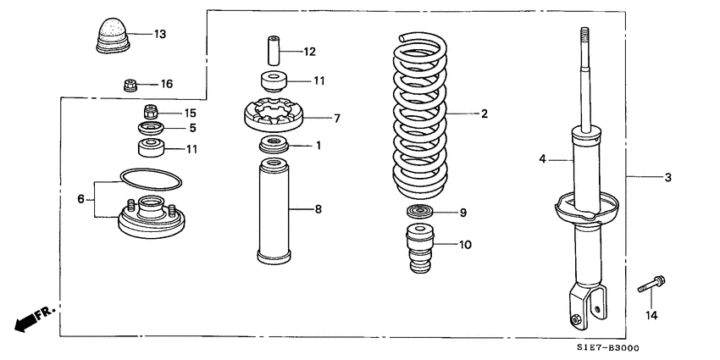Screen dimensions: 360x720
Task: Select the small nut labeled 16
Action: pyautogui.click(x=129, y=84)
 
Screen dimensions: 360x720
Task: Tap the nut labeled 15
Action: pyautogui.click(x=151, y=112)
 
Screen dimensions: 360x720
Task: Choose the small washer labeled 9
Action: pyautogui.click(x=420, y=212)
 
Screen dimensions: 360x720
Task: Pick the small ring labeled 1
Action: pyautogui.click(x=274, y=145)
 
